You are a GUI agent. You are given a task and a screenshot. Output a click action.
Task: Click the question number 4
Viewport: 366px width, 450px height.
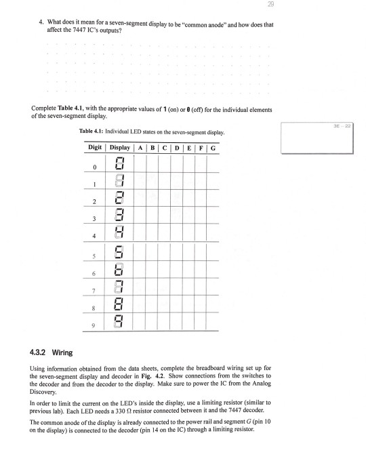(x=39, y=24)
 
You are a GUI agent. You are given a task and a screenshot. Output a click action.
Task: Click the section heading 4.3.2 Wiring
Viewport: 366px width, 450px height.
(x=59, y=351)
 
